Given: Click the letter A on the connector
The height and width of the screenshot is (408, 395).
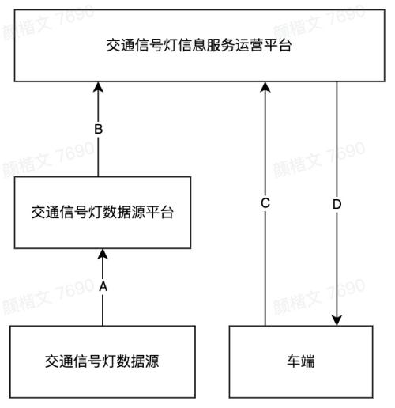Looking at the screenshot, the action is [103, 286].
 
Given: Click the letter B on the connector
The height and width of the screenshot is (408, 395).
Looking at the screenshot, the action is [99, 129].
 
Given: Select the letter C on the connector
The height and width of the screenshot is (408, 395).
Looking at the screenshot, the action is [265, 203].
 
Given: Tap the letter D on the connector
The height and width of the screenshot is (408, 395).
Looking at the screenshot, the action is [337, 204].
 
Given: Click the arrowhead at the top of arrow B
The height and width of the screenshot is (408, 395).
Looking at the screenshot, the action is [99, 87].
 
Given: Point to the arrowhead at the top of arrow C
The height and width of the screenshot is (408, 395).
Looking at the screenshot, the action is [265, 87].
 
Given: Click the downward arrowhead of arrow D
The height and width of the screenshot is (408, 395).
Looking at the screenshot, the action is [337, 320].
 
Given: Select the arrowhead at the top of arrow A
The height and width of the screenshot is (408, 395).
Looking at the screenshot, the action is [103, 254].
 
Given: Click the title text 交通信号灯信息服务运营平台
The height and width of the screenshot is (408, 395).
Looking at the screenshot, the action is [199, 45].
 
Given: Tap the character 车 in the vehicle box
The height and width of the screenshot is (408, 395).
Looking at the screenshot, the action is [294, 361].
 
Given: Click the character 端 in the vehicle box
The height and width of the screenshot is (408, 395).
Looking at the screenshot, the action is [308, 361].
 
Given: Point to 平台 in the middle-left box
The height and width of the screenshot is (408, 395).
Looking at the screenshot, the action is [160, 213].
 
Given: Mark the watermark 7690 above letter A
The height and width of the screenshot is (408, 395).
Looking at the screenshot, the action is [75, 289].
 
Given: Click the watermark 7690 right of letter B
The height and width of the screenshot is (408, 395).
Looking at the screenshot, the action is [74, 152].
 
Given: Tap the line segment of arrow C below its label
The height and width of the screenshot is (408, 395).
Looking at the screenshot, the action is [265, 267].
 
